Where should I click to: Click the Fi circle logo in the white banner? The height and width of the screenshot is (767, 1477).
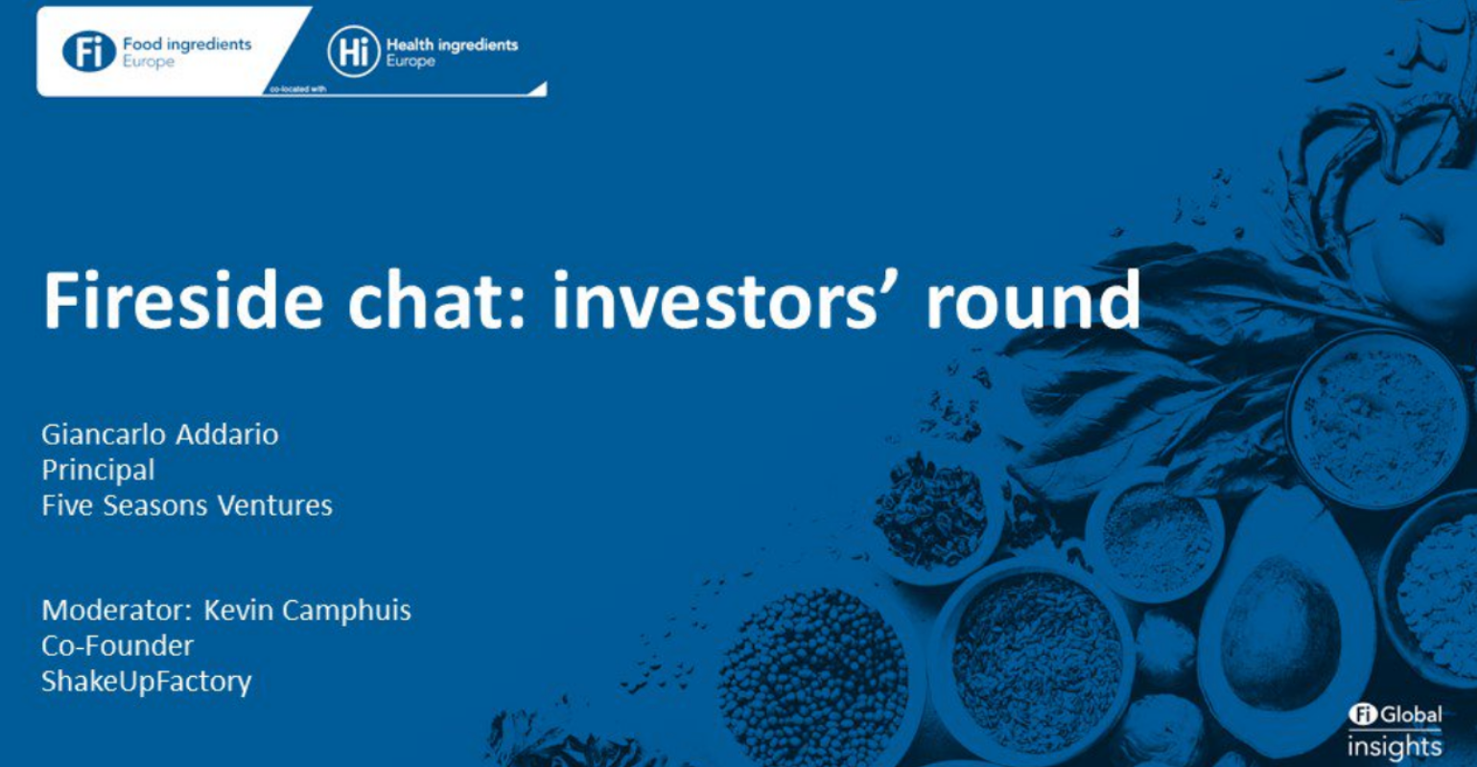click(89, 52)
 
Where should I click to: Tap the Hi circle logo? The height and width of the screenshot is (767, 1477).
click(354, 52)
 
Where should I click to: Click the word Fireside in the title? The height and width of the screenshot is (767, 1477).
click(183, 300)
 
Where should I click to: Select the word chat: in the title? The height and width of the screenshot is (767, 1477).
click(436, 300)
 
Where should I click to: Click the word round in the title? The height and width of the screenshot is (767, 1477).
click(1033, 300)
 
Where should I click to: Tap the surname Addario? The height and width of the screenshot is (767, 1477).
click(227, 435)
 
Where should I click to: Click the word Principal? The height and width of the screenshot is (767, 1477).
click(98, 471)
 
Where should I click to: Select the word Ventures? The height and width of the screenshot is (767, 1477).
click(275, 506)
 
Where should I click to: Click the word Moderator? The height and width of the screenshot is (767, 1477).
click(117, 610)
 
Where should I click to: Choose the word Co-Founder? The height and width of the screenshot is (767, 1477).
click(117, 646)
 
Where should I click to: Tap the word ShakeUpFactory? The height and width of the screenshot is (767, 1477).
click(147, 682)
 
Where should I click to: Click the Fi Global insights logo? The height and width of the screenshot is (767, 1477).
click(1395, 732)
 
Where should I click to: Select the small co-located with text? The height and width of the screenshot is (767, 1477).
click(298, 89)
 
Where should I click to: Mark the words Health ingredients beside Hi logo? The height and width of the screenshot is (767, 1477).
click(452, 45)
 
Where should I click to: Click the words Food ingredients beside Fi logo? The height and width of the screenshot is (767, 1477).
click(187, 44)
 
